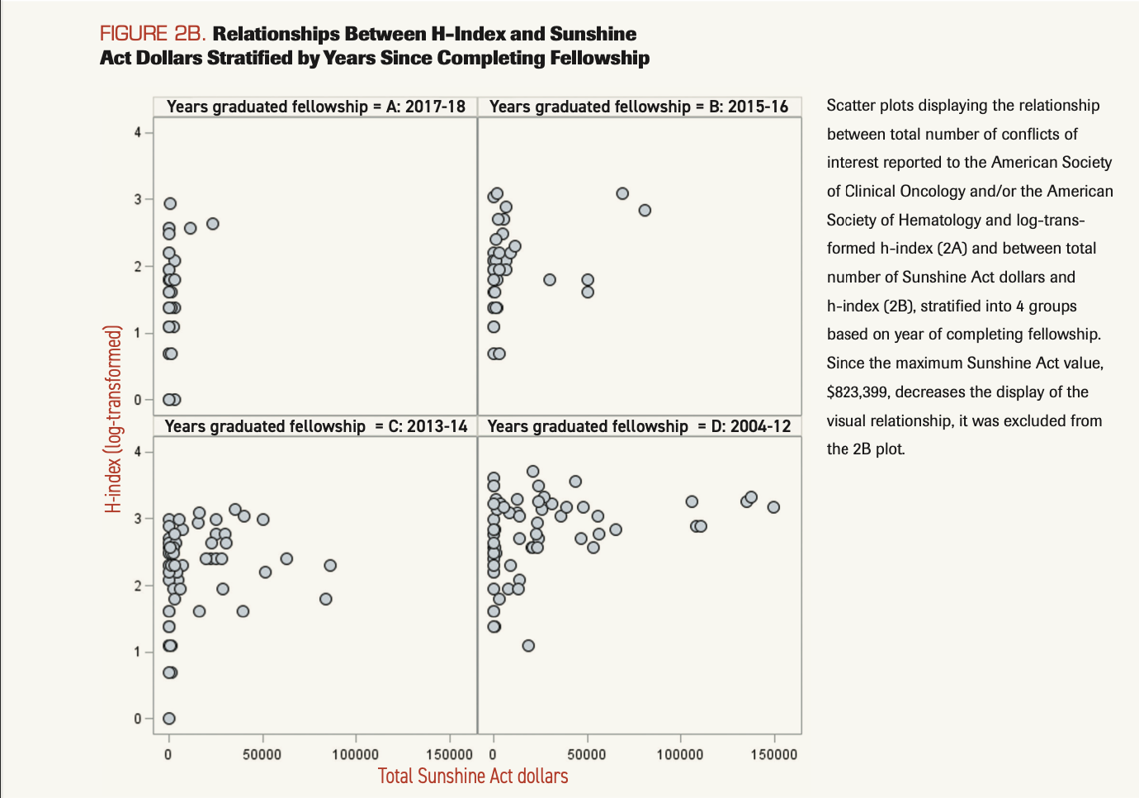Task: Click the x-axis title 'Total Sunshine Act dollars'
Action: point(473,777)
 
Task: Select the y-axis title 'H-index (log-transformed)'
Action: point(114,419)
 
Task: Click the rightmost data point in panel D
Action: point(773,507)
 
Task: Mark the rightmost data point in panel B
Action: point(645,211)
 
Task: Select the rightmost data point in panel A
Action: point(212,224)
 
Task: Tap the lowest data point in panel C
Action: point(168,719)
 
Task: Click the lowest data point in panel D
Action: point(528,646)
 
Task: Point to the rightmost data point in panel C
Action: point(330,566)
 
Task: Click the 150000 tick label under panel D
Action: point(773,754)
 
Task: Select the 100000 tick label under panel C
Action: point(355,754)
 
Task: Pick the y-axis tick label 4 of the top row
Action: point(139,132)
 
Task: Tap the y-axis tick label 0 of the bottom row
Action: point(139,719)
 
